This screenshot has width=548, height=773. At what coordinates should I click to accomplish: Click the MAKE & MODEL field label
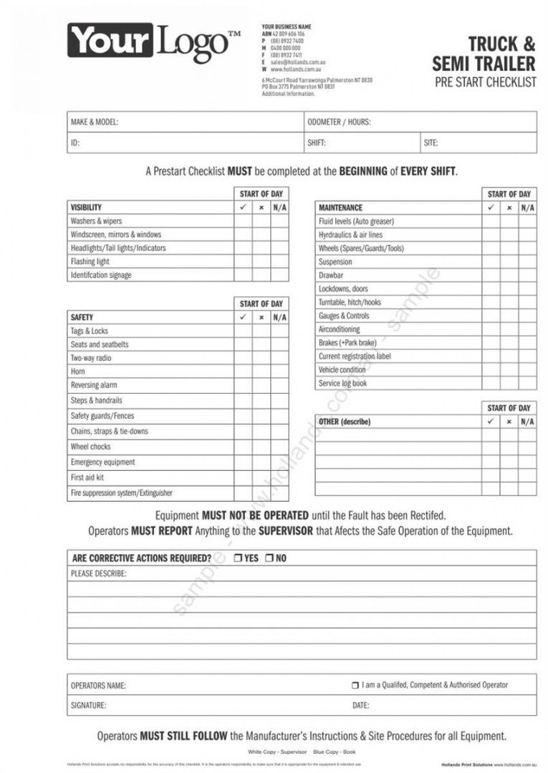[95, 122]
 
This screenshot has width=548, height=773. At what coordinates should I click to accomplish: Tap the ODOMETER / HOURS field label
[339, 122]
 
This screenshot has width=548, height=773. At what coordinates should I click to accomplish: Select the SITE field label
[431, 143]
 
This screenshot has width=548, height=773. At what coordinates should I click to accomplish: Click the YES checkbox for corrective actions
[238, 558]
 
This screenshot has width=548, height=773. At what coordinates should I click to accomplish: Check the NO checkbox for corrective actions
[269, 558]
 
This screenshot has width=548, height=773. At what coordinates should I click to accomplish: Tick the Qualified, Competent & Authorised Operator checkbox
[355, 685]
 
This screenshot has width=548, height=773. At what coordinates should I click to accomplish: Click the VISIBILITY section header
[86, 208]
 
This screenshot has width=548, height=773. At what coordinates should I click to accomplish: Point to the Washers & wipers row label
[96, 221]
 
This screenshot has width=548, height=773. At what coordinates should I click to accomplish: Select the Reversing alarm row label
[94, 385]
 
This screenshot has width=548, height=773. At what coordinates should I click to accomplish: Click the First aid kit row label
[87, 477]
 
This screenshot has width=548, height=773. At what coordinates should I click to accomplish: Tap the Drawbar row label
[331, 276]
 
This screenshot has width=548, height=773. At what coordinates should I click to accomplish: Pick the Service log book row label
[342, 384]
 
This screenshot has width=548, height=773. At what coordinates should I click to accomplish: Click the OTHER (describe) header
[345, 422]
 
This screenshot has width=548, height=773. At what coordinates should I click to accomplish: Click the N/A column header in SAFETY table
[279, 317]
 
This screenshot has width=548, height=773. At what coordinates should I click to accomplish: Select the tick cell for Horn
[243, 371]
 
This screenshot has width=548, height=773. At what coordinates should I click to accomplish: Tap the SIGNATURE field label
[88, 706]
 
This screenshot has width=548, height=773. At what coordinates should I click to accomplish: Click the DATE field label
[360, 706]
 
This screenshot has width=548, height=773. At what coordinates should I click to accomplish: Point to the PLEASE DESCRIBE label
[99, 574]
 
